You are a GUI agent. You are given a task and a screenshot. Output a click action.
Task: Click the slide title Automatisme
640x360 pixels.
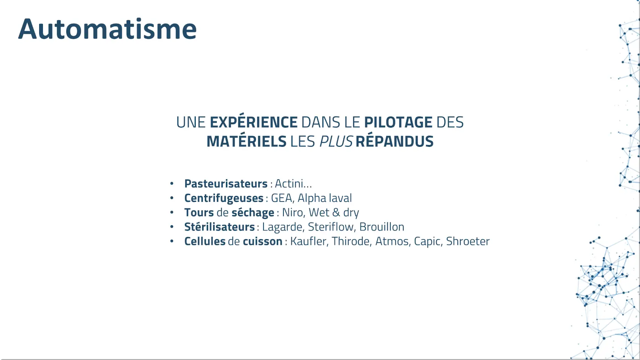pos(107,29)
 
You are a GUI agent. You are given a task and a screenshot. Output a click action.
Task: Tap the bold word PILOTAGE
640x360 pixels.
pos(398,122)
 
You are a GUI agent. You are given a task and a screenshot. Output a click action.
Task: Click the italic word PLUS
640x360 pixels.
pos(336,142)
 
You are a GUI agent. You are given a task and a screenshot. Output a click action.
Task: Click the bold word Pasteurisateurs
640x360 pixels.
pos(226,183)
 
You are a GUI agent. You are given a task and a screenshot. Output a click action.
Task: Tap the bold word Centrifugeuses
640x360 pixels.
pos(224,198)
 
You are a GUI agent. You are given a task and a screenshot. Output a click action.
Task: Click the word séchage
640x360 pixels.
pos(253,212)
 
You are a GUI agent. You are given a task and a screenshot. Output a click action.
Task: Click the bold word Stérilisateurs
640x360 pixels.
pos(219,227)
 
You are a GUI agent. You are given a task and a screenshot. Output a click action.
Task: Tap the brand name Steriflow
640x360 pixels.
pos(331,227)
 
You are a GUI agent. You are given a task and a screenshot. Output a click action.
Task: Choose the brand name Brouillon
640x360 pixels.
pos(382,227)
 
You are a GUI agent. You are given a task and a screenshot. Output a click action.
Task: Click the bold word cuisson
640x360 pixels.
pos(262,241)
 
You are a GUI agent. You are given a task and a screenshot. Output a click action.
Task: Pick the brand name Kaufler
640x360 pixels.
pos(308,241)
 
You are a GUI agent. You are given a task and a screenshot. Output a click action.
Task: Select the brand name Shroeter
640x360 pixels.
pos(468,241)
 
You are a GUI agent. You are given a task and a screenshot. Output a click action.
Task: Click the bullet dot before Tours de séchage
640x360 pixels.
pos(172,212)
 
